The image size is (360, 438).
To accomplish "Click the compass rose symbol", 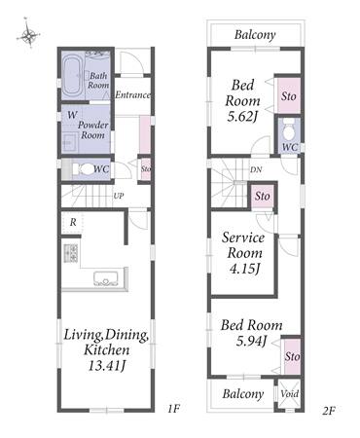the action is [x=28, y=33].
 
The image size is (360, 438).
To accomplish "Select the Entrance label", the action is [x=133, y=94].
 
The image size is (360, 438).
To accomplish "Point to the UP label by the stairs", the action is [x=119, y=196].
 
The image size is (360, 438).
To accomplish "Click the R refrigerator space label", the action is [x=73, y=222].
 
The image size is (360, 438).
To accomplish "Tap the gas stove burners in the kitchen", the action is [x=71, y=253].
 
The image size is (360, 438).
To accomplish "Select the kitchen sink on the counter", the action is [x=106, y=278].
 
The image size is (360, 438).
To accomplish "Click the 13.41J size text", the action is [x=107, y=366].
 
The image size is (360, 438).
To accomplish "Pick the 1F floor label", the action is [x=174, y=409].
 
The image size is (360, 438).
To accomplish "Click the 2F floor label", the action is [x=328, y=411].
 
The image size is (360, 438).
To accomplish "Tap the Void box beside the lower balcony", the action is [x=289, y=394].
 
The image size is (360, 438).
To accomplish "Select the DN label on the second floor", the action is [x=256, y=169].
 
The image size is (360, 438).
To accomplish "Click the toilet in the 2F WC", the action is [x=288, y=128].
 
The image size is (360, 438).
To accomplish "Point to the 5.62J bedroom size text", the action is [x=242, y=117].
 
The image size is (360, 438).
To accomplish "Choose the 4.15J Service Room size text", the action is [x=244, y=269].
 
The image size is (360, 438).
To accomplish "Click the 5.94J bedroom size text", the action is [x=251, y=341].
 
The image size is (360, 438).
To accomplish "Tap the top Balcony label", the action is [x=255, y=34].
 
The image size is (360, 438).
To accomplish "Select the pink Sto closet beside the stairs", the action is [x=263, y=197].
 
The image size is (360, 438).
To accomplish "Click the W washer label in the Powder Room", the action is [x=73, y=115].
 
